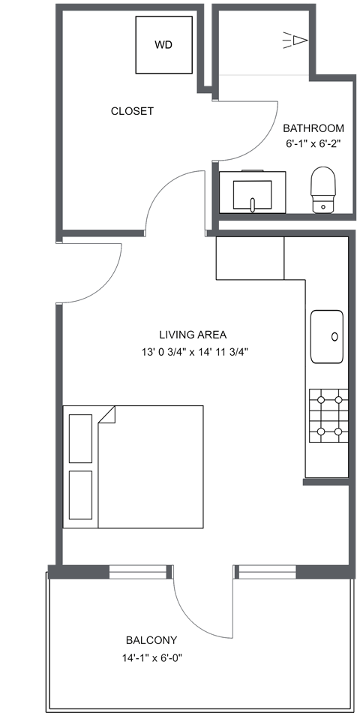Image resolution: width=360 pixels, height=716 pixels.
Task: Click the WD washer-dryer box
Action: tap(163, 45)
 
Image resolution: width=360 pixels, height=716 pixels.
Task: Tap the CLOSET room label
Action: tap(132, 111)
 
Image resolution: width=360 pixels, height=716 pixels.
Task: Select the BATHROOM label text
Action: tap(313, 128)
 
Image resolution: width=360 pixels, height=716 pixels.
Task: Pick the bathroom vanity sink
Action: tap(253, 191)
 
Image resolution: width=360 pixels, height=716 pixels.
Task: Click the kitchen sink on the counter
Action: tap(327, 337)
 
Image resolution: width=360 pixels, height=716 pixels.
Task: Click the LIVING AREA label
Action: tap(193, 335)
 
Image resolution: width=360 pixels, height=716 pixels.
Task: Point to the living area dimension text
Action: tap(193, 351)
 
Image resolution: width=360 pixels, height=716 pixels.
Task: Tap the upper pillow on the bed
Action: tap(80, 438)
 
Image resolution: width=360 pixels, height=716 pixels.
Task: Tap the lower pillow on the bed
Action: tap(80, 495)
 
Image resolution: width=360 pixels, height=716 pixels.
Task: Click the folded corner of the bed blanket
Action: tap(105, 414)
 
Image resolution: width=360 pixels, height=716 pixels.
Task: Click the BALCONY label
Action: tap(151, 640)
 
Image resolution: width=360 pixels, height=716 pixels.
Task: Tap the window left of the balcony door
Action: tap(140, 572)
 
